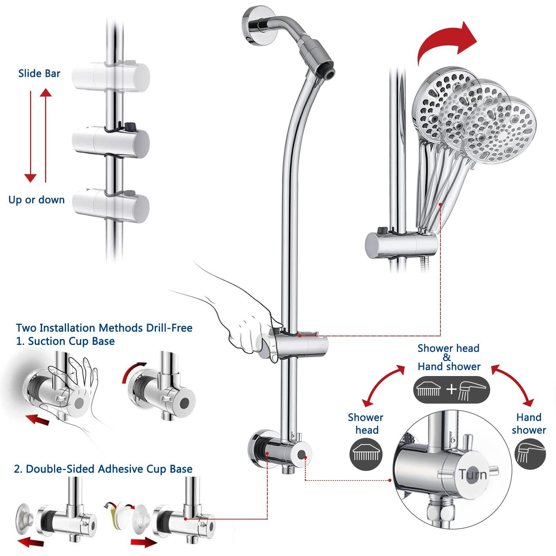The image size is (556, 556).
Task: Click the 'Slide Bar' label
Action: [x=39, y=73]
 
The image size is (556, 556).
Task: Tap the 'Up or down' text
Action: [x=36, y=200]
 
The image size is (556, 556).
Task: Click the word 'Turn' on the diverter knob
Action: [x=473, y=474]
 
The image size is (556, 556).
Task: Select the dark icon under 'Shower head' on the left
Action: [x=366, y=454]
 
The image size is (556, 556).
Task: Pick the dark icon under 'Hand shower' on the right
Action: [x=530, y=454]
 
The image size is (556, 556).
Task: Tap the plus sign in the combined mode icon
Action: [x=452, y=389]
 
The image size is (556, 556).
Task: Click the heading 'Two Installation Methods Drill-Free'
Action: [x=104, y=328]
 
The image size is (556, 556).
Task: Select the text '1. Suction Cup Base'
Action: [x=65, y=341]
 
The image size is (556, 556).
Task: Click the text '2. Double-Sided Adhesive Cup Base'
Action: [x=103, y=469]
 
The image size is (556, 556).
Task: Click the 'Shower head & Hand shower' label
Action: [x=449, y=357]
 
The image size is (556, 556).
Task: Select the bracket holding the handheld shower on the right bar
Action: [x=401, y=245]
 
